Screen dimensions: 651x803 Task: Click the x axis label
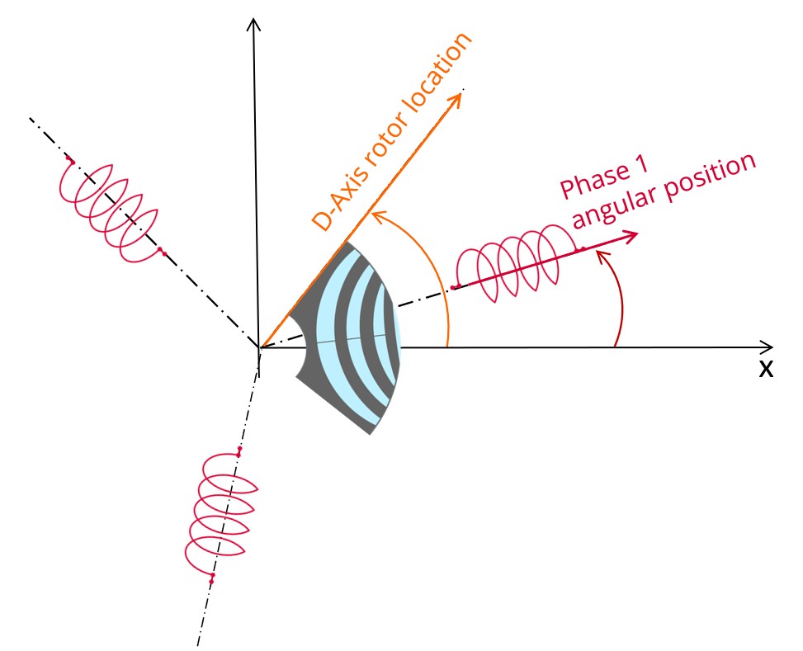(766, 370)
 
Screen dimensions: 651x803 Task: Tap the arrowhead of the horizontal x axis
(768, 346)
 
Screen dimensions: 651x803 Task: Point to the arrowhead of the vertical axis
(256, 23)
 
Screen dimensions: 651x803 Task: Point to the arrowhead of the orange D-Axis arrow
(455, 99)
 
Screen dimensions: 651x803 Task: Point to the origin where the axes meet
(259, 347)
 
